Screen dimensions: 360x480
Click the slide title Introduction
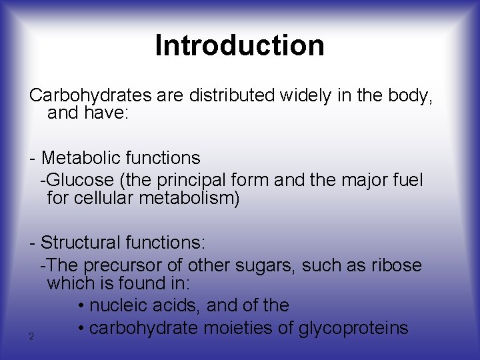click(239, 45)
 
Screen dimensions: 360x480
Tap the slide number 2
click(31, 336)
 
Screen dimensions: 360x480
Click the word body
click(410, 95)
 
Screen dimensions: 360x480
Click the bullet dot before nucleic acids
click(81, 306)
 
